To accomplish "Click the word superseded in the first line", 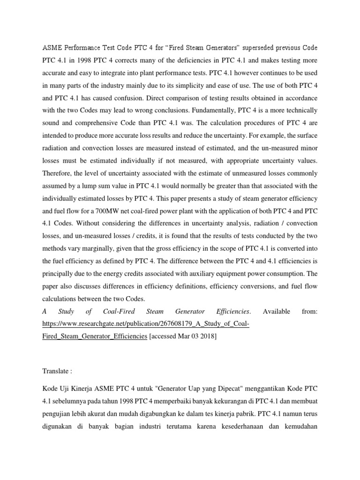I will (246, 48).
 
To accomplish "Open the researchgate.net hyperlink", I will (145, 324).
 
